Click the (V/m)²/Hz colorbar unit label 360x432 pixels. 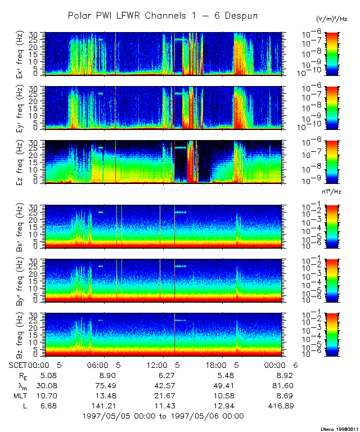pyautogui.click(x=332, y=19)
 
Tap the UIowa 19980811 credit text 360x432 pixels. pyautogui.click(x=339, y=428)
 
